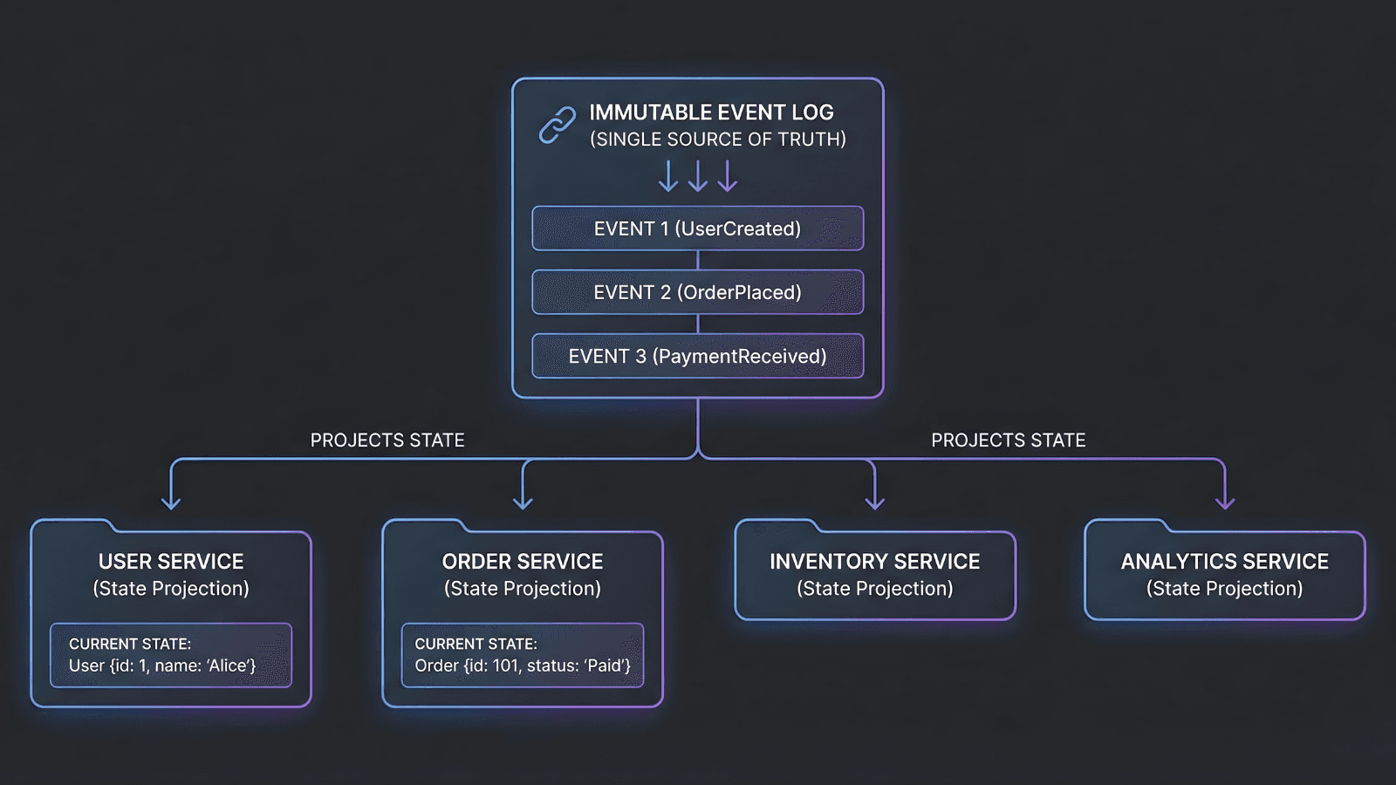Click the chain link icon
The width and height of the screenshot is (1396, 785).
coord(557,125)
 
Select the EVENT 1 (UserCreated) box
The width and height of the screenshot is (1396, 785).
coord(697,229)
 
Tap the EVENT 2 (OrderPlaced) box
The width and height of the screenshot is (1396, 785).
coord(697,292)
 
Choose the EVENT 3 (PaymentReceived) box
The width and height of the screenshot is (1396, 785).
coord(697,356)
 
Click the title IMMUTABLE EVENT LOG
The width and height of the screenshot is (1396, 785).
coord(711,113)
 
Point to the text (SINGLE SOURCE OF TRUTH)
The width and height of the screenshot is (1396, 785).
coord(717,140)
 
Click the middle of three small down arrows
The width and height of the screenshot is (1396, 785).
coord(698,176)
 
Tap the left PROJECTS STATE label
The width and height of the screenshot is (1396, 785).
coord(387,440)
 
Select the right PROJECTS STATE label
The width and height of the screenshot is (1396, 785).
coord(1008,440)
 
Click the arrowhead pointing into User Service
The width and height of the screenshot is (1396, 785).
coord(171,502)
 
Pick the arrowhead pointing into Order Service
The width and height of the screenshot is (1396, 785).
coord(523,502)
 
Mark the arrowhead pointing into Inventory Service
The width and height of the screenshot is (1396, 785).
coord(874,502)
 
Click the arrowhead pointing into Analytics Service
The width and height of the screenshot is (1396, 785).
coord(1225,502)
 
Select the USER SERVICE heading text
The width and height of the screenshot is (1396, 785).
coord(171,562)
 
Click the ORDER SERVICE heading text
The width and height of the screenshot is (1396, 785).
coord(523,562)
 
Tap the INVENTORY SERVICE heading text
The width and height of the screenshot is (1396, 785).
coord(874,562)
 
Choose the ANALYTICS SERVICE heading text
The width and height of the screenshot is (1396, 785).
coord(1224,562)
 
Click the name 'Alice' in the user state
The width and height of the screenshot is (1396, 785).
coord(228,666)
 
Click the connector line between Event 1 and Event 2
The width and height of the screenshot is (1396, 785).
coord(698,260)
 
